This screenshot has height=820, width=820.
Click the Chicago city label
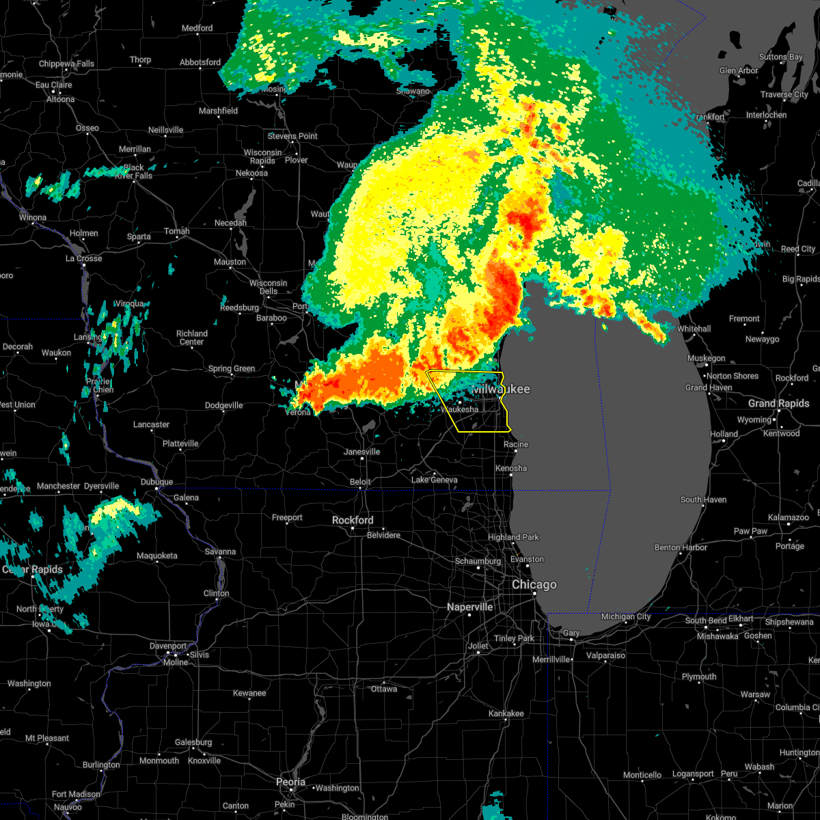(534, 585)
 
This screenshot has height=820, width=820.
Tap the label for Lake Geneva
(435, 480)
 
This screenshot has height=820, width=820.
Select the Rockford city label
(353, 521)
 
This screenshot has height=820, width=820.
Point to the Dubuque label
(157, 482)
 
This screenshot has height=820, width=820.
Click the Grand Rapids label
(778, 403)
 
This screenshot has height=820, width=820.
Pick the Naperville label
(470, 607)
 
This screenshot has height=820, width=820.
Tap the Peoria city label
(290, 782)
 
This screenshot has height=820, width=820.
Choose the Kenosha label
(512, 468)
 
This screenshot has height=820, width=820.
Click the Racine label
(516, 444)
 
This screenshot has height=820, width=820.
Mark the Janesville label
(361, 452)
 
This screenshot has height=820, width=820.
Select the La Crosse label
(83, 258)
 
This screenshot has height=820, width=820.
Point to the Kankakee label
(506, 713)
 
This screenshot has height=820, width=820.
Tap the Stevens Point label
(292, 136)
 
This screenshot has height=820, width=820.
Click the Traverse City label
(784, 94)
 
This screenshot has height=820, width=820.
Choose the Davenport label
(168, 646)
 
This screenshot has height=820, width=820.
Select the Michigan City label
(626, 616)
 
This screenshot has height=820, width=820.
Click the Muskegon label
(707, 358)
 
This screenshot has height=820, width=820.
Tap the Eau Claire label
(54, 85)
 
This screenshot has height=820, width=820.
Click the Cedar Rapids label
(33, 569)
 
